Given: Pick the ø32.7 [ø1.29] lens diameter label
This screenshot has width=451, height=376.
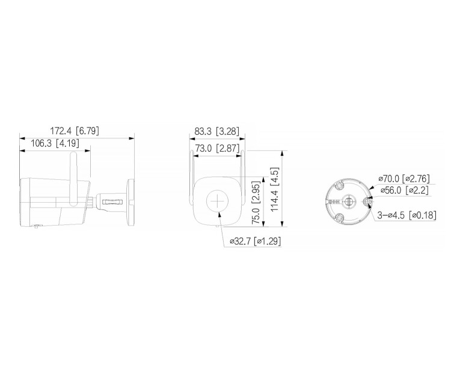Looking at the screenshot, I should (x=256, y=241).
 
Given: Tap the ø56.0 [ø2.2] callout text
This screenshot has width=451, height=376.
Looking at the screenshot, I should (x=403, y=190).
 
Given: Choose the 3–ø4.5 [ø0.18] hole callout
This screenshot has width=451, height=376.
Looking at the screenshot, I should (x=407, y=215).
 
